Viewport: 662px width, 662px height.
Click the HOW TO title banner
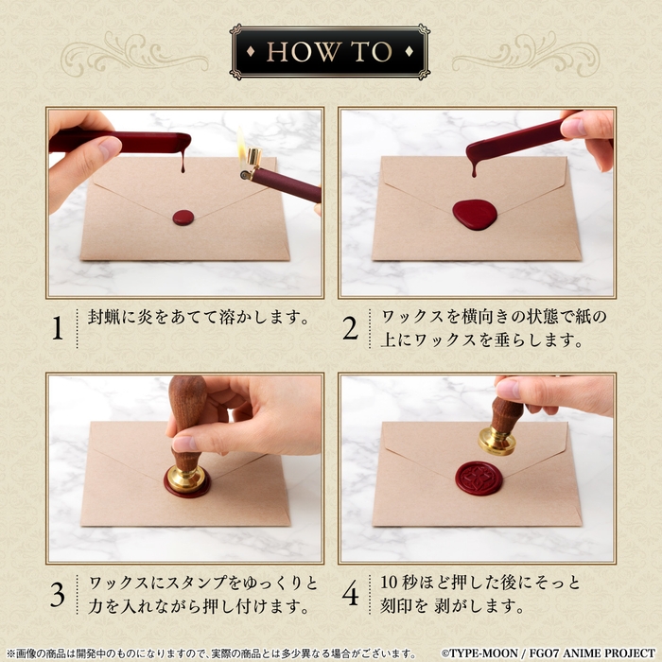coord(330,51)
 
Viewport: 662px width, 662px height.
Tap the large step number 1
coord(58,327)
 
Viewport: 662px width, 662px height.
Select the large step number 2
coord(351,328)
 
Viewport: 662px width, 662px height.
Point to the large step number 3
coord(58,594)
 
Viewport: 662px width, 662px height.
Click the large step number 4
coord(351,594)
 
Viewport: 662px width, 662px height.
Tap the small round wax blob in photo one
coord(183,218)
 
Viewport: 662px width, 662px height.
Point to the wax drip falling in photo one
coord(183,162)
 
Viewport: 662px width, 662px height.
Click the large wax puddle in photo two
coord(475,215)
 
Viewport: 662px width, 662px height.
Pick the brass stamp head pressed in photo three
coord(186,479)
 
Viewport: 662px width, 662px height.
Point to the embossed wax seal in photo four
coord(479,479)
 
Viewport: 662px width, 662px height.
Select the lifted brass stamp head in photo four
coord(497,442)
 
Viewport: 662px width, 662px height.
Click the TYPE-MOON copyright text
coord(549,653)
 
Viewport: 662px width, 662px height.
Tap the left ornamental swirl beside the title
coord(134,54)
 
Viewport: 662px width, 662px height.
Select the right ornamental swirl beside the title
coord(526,54)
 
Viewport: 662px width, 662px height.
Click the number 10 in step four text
coord(390,583)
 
